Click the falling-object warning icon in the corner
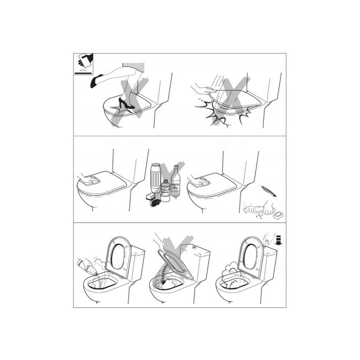tap(81, 65)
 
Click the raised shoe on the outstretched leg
tap(97, 81)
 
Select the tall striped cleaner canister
tap(155, 179)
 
